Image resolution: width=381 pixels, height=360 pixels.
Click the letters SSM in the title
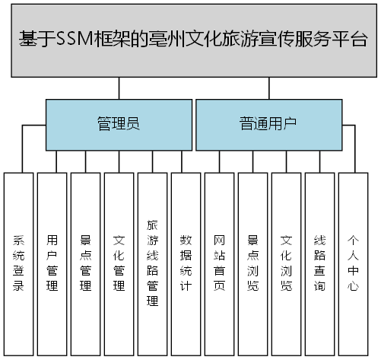tap(74, 41)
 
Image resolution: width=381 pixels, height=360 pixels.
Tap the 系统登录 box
tap(18, 263)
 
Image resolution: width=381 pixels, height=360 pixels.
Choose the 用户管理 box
tap(52, 263)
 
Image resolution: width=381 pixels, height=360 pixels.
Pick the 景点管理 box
tap(85, 263)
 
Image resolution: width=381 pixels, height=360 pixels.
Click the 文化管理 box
tap(119, 263)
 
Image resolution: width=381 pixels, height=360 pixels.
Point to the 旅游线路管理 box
tap(152, 263)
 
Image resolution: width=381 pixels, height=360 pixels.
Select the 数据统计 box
tap(186, 263)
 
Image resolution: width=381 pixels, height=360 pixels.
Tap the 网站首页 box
tap(219, 263)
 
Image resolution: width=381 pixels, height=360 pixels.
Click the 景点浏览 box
tap(252, 263)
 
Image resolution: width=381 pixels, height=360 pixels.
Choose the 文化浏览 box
tap(286, 263)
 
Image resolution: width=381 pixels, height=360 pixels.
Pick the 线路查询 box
tap(319, 263)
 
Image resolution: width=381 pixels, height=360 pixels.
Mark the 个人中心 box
tap(353, 263)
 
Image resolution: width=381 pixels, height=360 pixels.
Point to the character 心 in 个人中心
tap(353, 287)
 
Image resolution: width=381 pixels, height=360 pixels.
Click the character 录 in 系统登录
tap(18, 287)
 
